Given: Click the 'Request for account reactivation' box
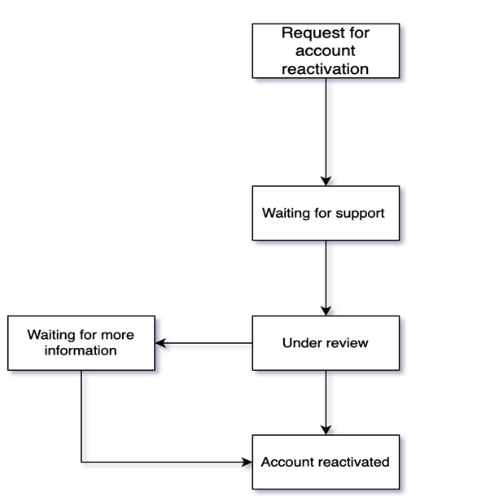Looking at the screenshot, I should click(x=326, y=50).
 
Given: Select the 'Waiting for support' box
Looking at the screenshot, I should click(x=326, y=213).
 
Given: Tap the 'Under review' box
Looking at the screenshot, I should click(x=326, y=343).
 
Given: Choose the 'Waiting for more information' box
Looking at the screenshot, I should click(x=81, y=343).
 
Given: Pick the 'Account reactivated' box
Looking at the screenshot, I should click(x=326, y=462).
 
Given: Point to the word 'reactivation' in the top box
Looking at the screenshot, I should click(x=326, y=68).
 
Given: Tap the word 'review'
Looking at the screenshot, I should click(x=348, y=343).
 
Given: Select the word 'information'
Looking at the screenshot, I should click(x=81, y=351).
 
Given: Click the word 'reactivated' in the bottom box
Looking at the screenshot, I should click(x=355, y=462).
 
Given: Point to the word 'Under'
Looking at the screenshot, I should click(x=300, y=343).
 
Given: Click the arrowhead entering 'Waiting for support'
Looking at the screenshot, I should click(x=326, y=180).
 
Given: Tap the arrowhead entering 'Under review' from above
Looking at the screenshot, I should click(x=326, y=311).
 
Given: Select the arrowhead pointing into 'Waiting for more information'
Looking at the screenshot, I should click(x=160, y=343).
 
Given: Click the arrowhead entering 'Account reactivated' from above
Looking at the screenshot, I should click(x=326, y=430).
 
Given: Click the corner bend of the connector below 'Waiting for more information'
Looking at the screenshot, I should click(x=81, y=462).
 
